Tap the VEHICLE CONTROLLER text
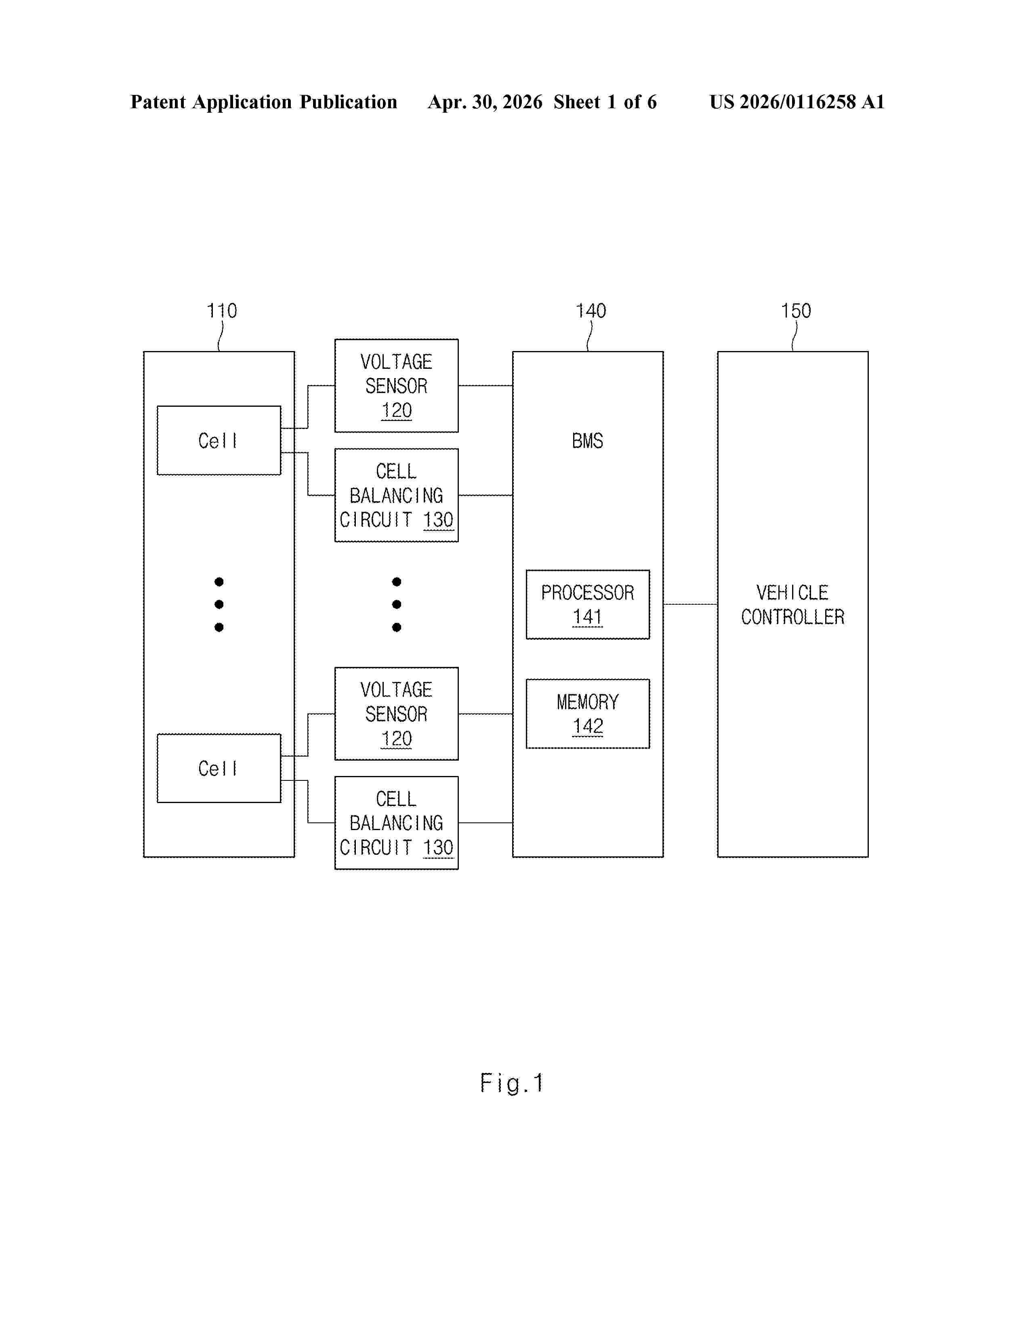pos(792,604)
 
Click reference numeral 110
pos(221,311)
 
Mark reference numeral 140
pos(591,311)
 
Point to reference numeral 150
pos(796,311)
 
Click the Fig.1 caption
pos(511,1083)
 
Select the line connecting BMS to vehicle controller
pos(690,604)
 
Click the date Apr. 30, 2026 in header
pos(485,102)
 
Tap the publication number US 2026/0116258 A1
pos(797,102)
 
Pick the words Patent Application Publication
pos(264,102)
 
